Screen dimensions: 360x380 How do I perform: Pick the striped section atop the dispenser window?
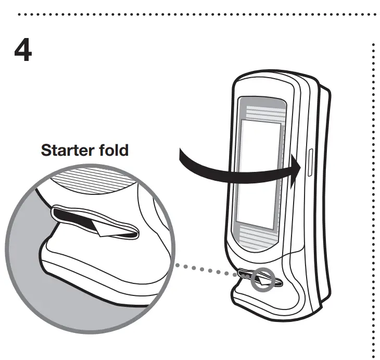pyautogui.click(x=262, y=113)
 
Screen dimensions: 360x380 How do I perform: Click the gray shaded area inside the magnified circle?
pyautogui.click(x=26, y=250)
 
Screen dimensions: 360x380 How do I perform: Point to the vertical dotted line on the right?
pyautogui.click(x=373, y=208)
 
